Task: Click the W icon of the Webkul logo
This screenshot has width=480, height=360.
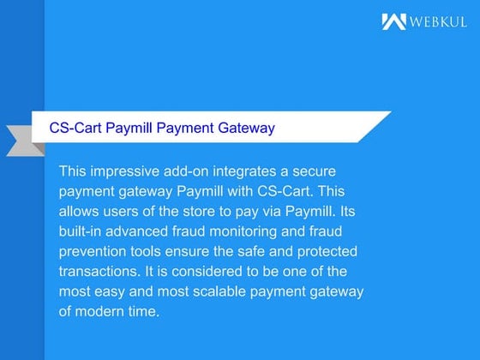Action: tap(393, 21)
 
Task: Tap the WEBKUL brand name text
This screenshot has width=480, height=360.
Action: tap(438, 21)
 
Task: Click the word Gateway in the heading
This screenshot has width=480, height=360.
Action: tap(248, 129)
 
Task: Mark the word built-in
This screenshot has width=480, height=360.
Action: tap(81, 231)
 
